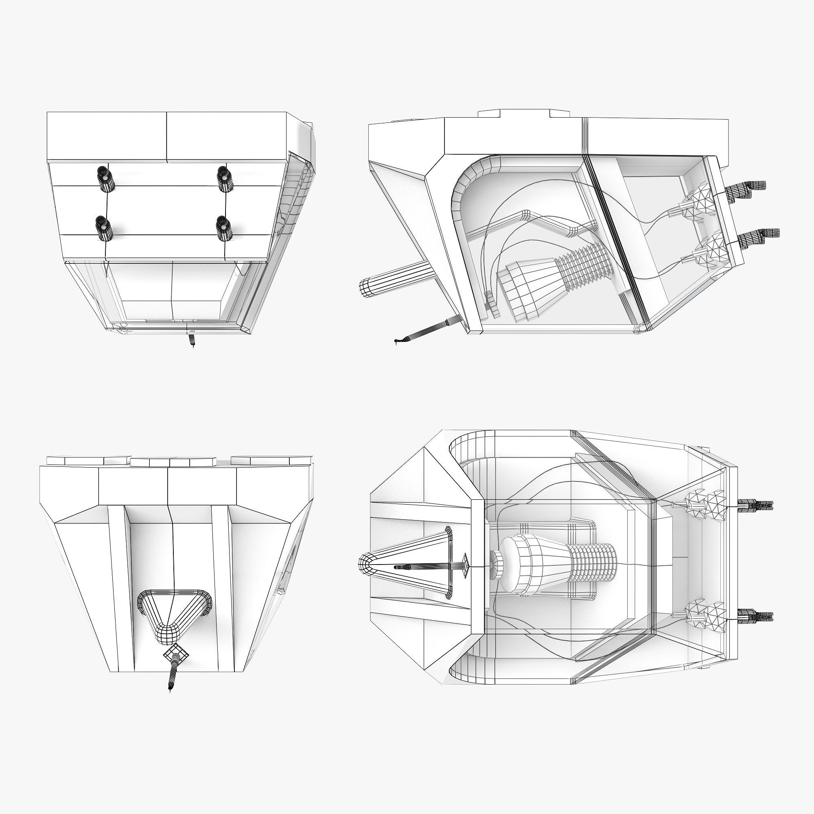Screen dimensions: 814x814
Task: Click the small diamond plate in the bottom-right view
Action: [465, 566]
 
